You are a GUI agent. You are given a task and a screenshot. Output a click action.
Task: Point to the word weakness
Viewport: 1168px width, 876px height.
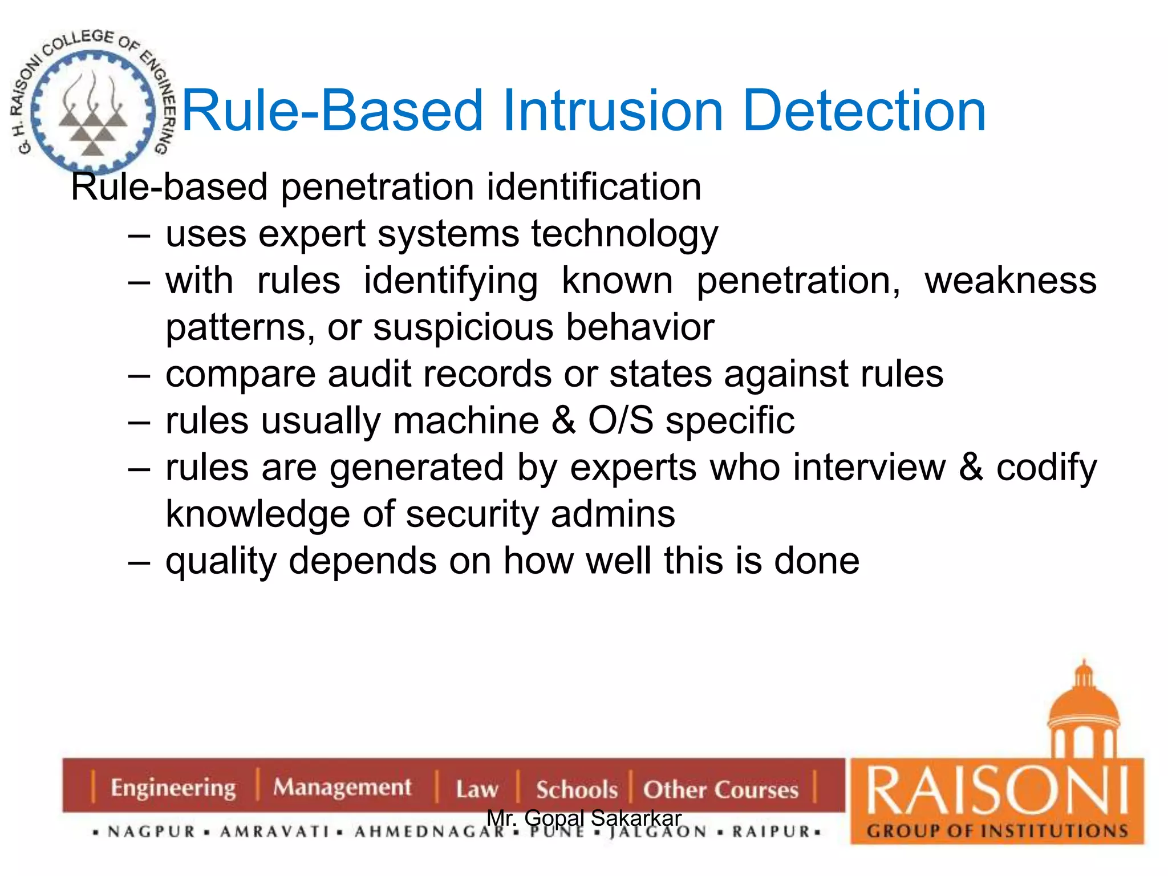(x=1010, y=281)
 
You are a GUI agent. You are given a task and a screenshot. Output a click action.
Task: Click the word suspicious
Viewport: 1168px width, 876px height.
(x=463, y=327)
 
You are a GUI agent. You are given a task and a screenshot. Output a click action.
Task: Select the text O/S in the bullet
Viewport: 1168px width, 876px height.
(x=620, y=421)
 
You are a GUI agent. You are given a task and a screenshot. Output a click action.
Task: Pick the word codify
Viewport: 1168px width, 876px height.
(x=1046, y=469)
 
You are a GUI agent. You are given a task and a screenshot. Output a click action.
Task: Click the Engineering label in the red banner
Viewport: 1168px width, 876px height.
(x=173, y=788)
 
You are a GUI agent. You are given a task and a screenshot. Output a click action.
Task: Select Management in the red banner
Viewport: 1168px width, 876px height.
(x=342, y=788)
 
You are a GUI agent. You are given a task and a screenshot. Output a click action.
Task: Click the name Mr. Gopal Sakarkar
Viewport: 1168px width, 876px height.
(x=584, y=818)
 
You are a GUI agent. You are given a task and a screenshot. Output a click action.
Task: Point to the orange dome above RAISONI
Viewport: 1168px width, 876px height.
(x=1084, y=707)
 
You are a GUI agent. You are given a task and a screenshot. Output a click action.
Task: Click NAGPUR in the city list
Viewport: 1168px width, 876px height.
(x=152, y=832)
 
